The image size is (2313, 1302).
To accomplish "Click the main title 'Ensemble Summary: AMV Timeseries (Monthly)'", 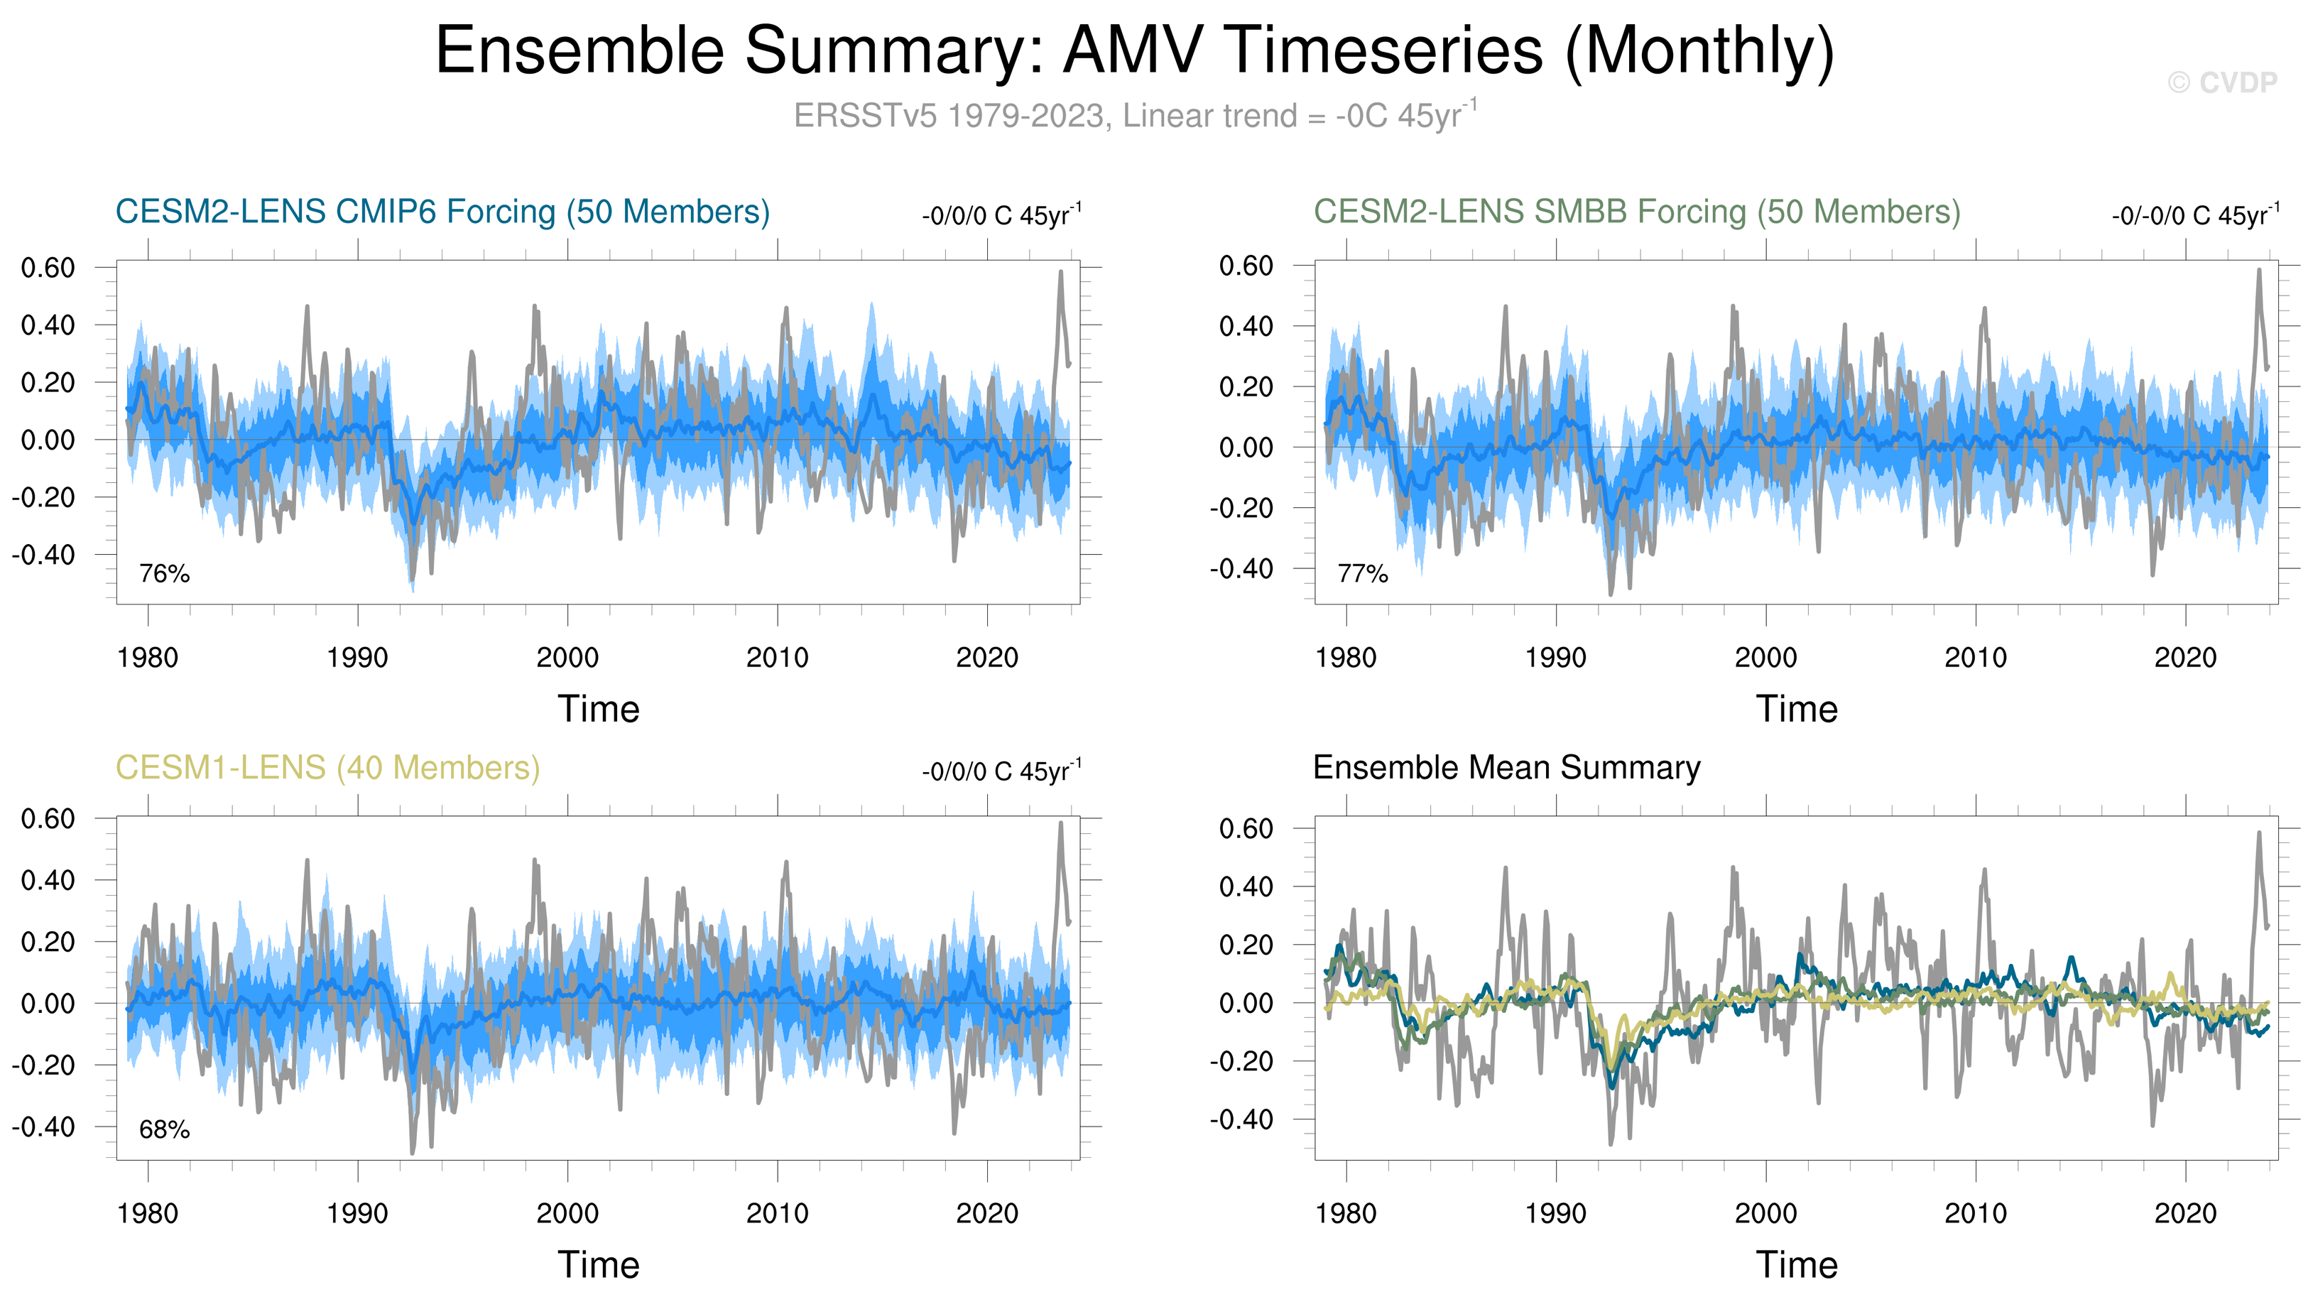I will click(x=1135, y=50).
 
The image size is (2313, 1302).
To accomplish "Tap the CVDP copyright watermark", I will click(x=2222, y=82).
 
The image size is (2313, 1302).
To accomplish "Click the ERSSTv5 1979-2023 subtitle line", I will click(x=1135, y=116).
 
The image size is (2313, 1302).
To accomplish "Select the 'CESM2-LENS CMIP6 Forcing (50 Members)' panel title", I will click(x=442, y=212).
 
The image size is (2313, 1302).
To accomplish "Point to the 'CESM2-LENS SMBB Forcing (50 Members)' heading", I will click(x=1636, y=212).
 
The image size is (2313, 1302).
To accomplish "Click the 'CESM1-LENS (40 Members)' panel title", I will click(x=327, y=768).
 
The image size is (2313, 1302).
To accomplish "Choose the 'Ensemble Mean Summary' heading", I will click(x=1506, y=768).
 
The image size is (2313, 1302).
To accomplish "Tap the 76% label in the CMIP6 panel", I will click(x=164, y=573).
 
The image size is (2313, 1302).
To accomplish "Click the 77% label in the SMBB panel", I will click(x=1362, y=573).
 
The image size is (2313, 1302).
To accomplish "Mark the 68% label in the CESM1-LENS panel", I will click(x=164, y=1129).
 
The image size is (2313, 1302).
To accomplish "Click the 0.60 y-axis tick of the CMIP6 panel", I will click(x=48, y=268).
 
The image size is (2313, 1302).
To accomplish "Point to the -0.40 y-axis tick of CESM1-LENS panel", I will click(x=43, y=1126).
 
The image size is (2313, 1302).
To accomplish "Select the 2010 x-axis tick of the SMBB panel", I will click(x=1976, y=657).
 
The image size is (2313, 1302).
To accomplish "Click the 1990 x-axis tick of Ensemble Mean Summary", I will click(x=1555, y=1213).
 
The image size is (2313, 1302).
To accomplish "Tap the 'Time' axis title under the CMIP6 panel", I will click(x=599, y=710).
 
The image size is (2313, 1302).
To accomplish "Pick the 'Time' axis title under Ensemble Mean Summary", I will click(x=1797, y=1265).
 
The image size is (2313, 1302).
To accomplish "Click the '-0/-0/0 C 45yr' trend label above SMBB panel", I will click(x=2194, y=215).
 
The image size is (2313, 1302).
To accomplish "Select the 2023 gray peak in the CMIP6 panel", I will click(x=1060, y=272).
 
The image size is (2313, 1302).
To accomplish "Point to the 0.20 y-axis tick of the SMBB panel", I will click(x=1246, y=387).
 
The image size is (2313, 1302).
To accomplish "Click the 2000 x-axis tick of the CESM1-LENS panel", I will click(x=567, y=1213).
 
